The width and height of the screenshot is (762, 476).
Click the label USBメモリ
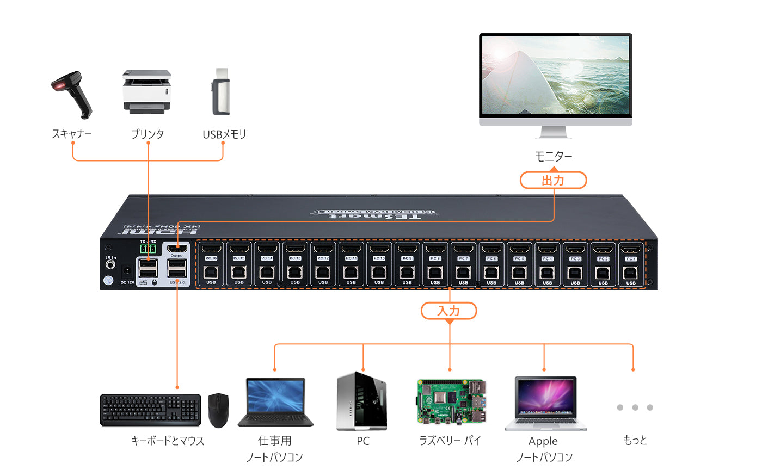pyautogui.click(x=224, y=134)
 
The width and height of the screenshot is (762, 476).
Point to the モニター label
pyautogui.click(x=554, y=157)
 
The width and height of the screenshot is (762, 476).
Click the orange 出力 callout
pyautogui.click(x=553, y=180)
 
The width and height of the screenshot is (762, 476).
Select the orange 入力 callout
pyautogui.click(x=449, y=311)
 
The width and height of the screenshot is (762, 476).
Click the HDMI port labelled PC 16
pyautogui.click(x=211, y=250)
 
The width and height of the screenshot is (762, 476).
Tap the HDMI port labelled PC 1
pyautogui.click(x=631, y=250)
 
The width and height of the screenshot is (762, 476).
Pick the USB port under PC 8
pyautogui.click(x=435, y=273)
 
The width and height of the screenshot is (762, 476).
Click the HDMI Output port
pyautogui.click(x=177, y=249)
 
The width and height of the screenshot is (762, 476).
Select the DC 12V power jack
pyautogui.click(x=127, y=270)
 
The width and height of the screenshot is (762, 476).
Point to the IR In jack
pyautogui.click(x=111, y=265)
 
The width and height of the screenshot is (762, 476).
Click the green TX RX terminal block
pyautogui.click(x=148, y=249)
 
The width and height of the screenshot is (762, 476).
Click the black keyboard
pyautogui.click(x=150, y=410)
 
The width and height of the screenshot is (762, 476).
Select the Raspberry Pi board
pyautogui.click(x=451, y=401)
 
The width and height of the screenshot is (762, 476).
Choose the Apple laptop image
pyautogui.click(x=545, y=403)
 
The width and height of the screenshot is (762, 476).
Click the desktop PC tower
pyautogui.click(x=362, y=401)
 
